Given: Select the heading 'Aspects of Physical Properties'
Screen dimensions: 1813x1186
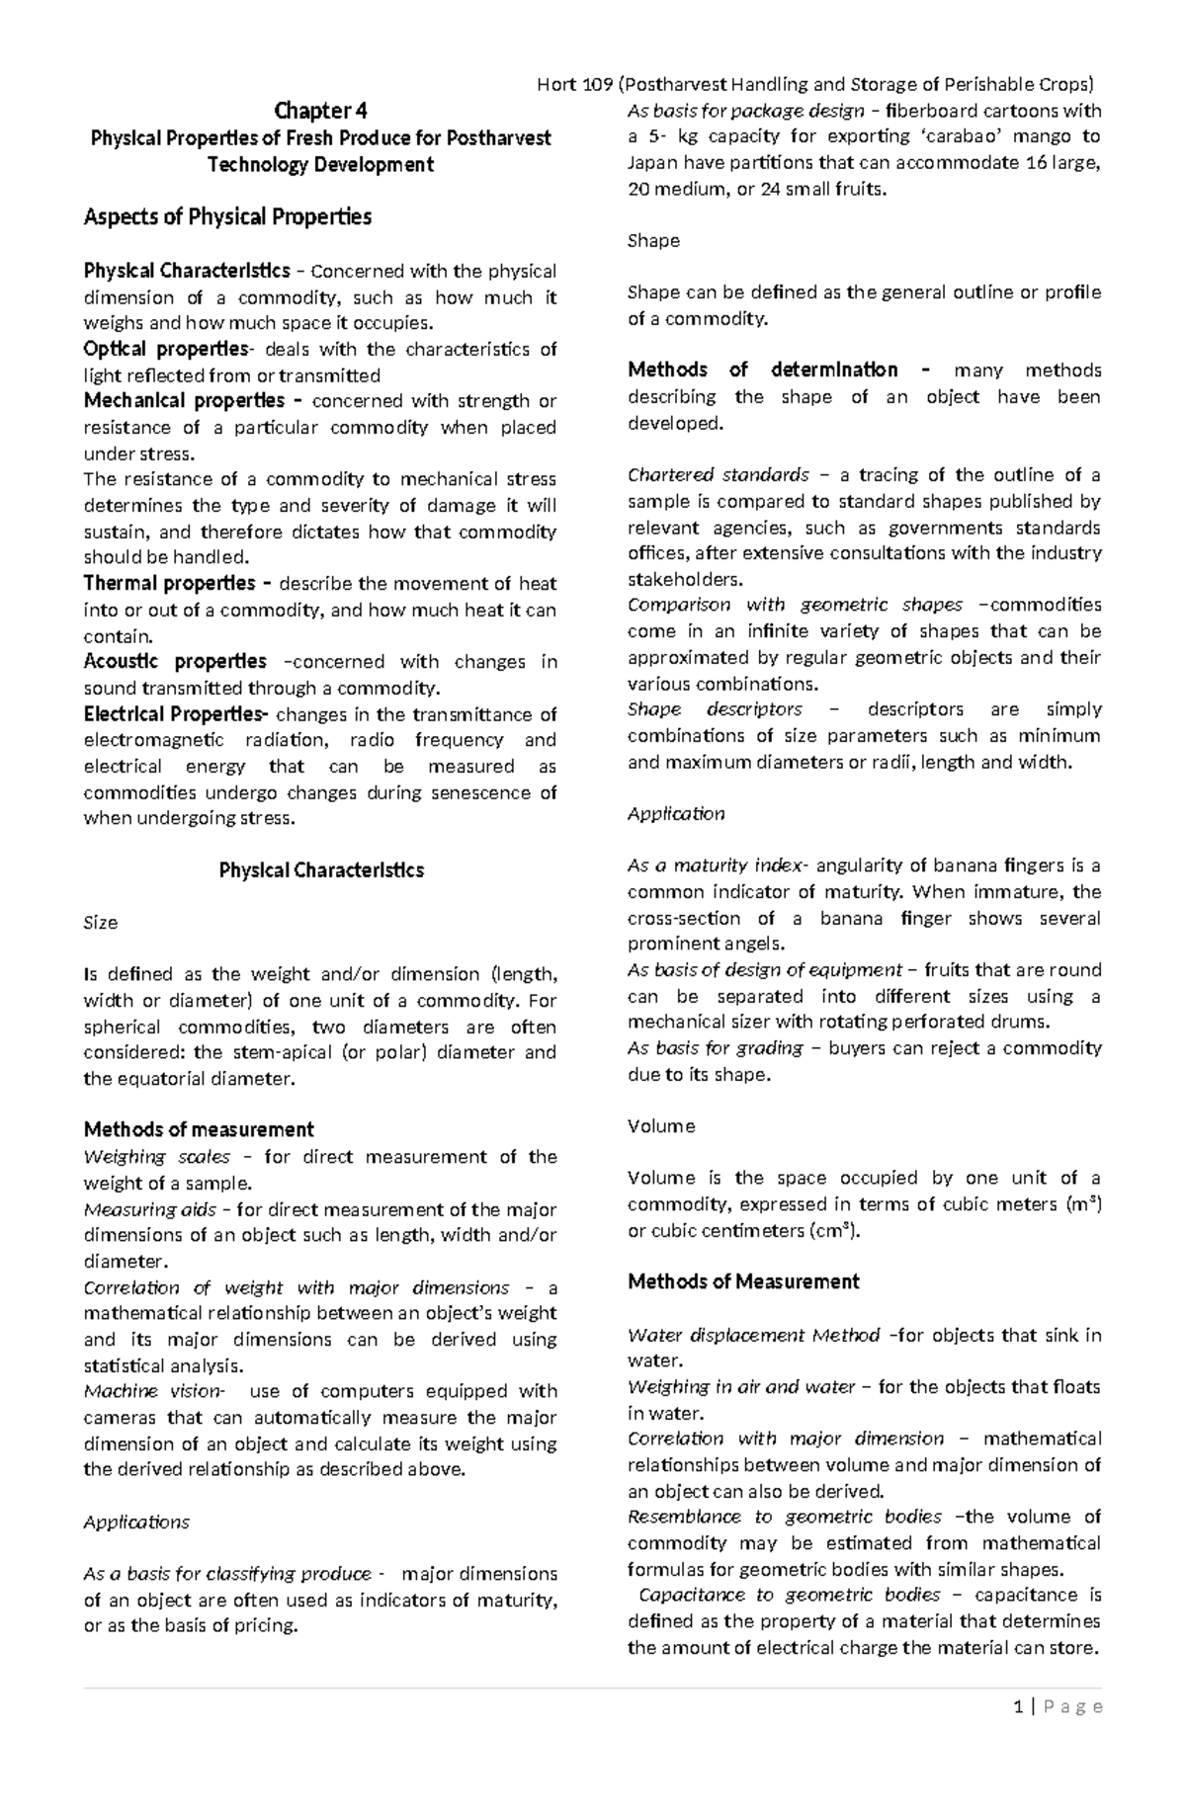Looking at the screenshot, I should [x=227, y=217].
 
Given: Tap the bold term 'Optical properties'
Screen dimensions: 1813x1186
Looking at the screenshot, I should [x=166, y=349].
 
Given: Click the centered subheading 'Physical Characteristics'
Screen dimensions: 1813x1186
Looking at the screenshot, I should [x=320, y=870].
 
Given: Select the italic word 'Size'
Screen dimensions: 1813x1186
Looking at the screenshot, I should [x=101, y=923].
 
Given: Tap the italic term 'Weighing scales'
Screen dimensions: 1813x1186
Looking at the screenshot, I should [x=156, y=1157].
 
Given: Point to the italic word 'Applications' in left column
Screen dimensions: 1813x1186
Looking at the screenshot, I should [x=136, y=1523].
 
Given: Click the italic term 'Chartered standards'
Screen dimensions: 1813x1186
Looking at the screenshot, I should [x=719, y=475].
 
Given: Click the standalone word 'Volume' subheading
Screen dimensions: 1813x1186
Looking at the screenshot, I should [x=661, y=1126].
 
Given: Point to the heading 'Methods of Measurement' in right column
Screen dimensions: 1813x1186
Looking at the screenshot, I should [x=743, y=1282].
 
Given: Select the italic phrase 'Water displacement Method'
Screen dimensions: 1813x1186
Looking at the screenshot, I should [x=753, y=1336].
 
